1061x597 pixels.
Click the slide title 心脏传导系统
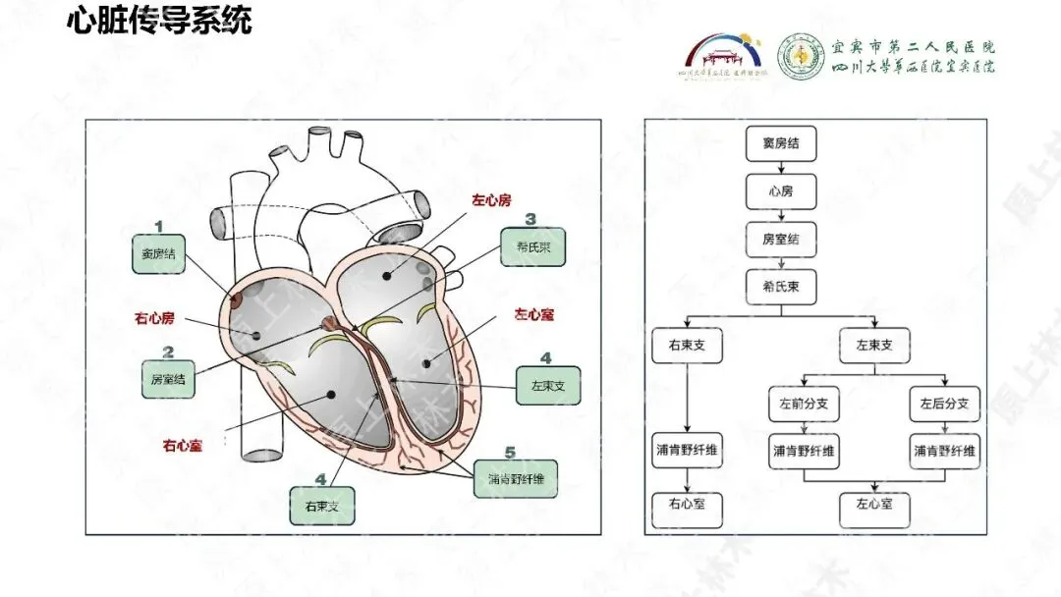tap(159, 21)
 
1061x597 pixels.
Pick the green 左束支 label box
tap(547, 385)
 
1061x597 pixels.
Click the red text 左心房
tap(491, 199)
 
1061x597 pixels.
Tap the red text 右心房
tap(154, 317)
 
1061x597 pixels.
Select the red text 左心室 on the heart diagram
tap(534, 314)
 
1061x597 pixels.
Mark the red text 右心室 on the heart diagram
tap(183, 445)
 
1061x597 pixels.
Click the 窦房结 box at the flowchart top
tap(780, 143)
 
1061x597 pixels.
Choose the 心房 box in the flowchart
tap(780, 190)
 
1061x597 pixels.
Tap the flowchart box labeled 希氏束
tap(780, 286)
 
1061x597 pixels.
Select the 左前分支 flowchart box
tap(804, 404)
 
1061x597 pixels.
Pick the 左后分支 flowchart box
tap(944, 404)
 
